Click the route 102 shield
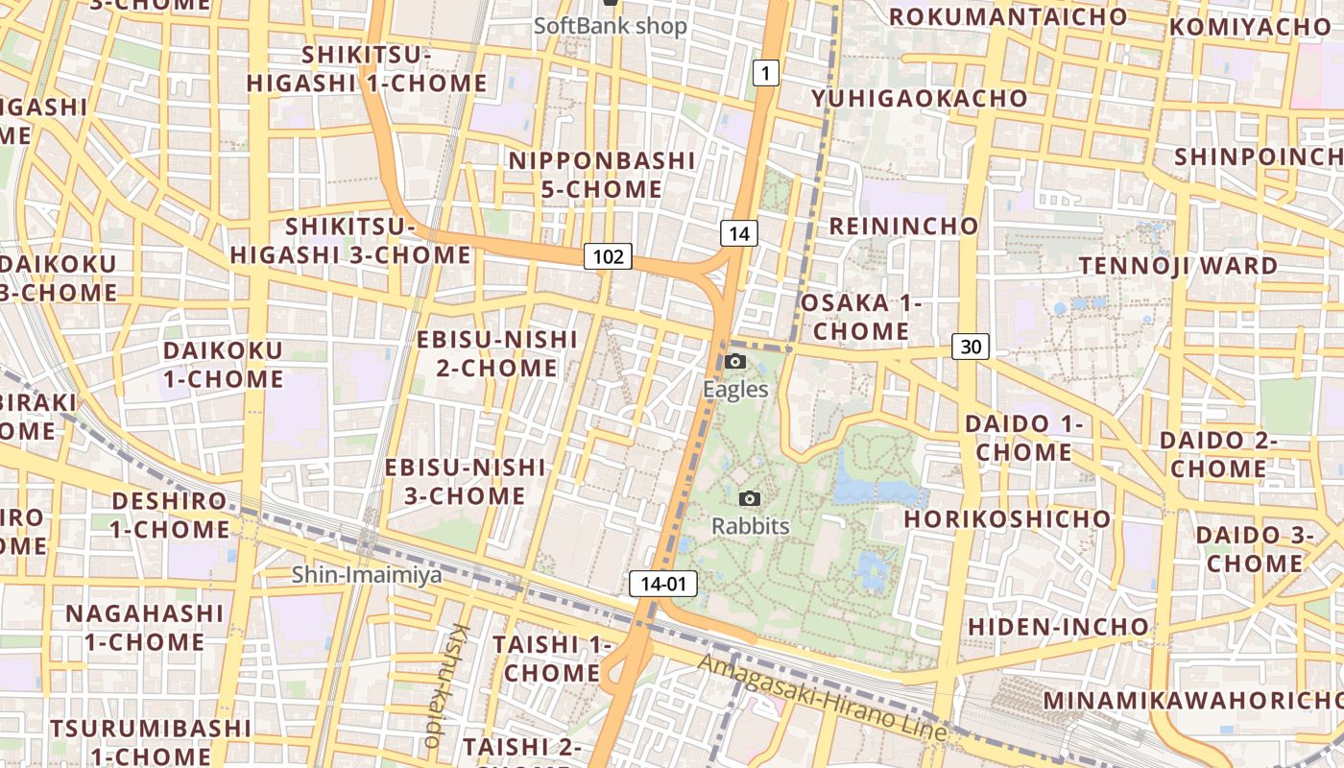(608, 256)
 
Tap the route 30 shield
(971, 347)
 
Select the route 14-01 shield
(663, 583)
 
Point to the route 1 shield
(764, 72)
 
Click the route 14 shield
(738, 233)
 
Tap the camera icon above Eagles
(735, 362)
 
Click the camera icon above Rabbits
(750, 498)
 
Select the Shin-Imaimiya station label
(367, 575)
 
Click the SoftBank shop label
(611, 26)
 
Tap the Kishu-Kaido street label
(446, 684)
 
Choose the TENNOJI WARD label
(1178, 265)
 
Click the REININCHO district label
(903, 227)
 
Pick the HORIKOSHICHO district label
(1007, 519)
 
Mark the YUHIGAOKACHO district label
(919, 99)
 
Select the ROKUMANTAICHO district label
(1008, 16)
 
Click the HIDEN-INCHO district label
(1058, 627)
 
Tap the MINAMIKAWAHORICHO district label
(1191, 700)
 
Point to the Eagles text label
(735, 389)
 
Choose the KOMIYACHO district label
(1250, 27)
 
